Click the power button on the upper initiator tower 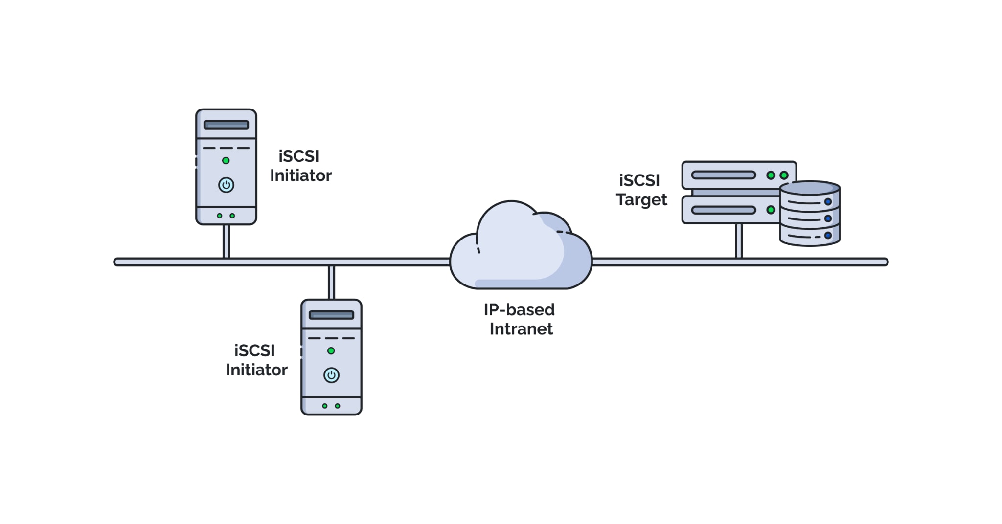coord(226,185)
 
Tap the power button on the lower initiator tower coord(331,375)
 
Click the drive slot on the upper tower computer coord(226,125)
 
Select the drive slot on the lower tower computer coord(331,315)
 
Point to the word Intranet coord(521,329)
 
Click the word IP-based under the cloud coord(519,309)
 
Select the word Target coord(641,200)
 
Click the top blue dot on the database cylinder coord(828,202)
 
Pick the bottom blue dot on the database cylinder coord(828,236)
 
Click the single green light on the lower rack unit coord(771,210)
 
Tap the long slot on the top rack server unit coord(723,175)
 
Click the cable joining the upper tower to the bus coord(226,241)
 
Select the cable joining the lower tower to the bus coord(331,283)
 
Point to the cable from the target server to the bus coord(739,240)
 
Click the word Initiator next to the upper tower coord(301,175)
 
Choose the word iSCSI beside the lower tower coord(254,350)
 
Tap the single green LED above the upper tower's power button coord(226,160)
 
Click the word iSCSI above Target coord(639,180)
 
